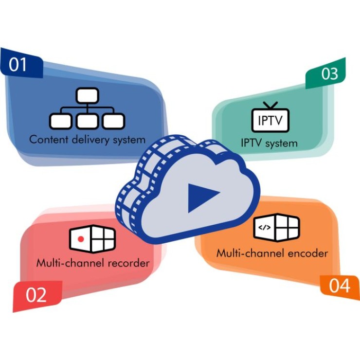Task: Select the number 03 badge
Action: (329, 73)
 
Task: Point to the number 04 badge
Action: (339, 286)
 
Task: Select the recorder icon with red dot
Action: (92, 238)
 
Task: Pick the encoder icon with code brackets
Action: (276, 227)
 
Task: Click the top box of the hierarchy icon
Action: (87, 95)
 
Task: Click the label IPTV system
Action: (269, 143)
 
